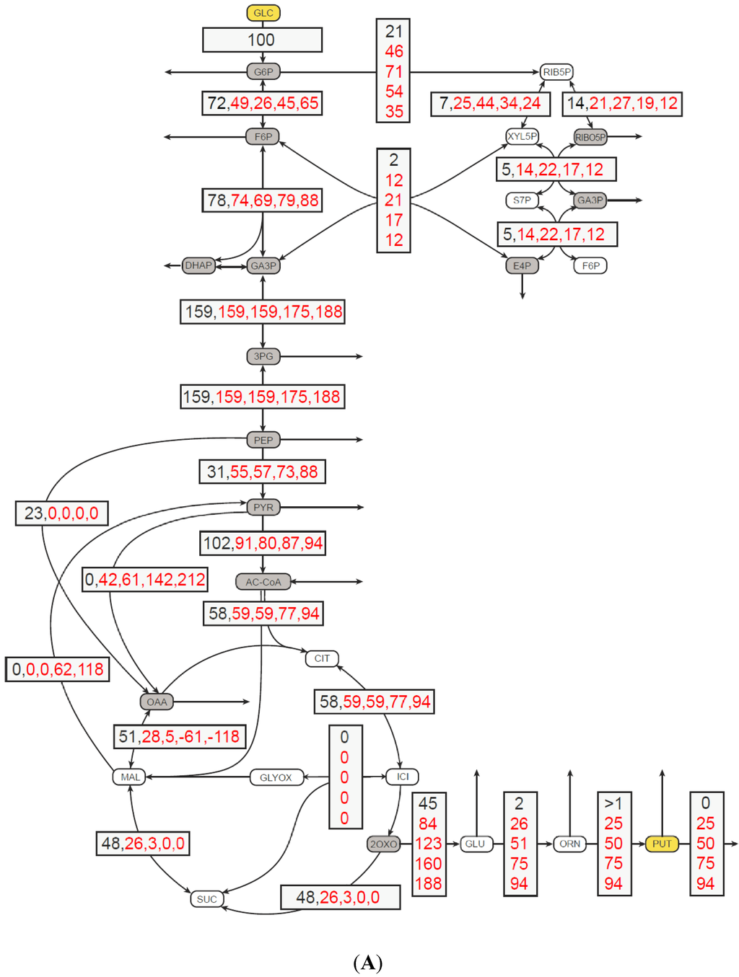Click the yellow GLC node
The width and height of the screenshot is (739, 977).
(263, 13)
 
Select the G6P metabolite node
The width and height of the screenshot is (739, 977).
(263, 72)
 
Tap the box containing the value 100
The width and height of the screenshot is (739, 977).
(262, 40)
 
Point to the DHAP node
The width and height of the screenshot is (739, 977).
(198, 265)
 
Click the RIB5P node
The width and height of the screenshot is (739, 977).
(556, 72)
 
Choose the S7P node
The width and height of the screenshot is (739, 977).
(522, 200)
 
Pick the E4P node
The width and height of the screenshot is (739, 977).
(522, 266)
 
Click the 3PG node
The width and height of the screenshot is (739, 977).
(263, 356)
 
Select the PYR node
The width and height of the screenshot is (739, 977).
(263, 508)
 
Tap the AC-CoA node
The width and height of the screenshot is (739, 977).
(263, 582)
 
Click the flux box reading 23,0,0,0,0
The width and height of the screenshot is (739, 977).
(62, 513)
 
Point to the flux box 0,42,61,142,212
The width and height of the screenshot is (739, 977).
(145, 580)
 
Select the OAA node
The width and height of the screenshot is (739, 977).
(157, 702)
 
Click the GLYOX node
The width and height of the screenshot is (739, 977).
(276, 777)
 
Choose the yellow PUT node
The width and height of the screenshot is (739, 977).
(662, 844)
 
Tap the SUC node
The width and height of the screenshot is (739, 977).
(206, 899)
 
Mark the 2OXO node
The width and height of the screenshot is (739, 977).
(383, 844)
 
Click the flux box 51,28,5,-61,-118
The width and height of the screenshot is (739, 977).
(179, 737)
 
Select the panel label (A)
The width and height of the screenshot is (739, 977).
(368, 963)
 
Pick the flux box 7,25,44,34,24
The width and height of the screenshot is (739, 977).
(490, 104)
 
